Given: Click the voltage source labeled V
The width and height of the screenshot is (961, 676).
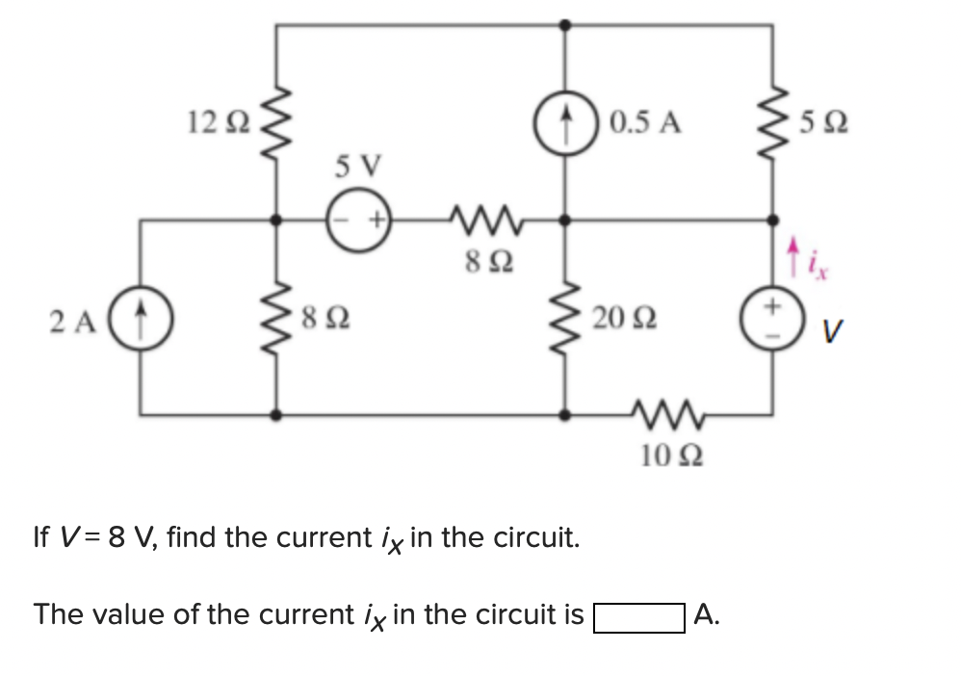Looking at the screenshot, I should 770,318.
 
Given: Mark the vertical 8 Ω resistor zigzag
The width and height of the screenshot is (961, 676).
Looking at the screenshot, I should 277,318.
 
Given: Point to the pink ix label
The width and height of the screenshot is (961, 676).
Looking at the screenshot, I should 814,258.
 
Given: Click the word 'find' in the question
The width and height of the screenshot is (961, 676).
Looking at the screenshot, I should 192,536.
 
